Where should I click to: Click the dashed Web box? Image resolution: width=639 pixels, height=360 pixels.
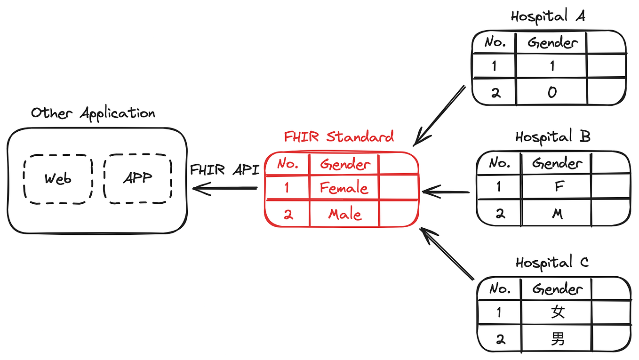[x=58, y=179]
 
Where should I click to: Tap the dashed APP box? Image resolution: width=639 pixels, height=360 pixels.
[x=137, y=179]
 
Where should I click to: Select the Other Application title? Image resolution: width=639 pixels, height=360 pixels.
[x=93, y=113]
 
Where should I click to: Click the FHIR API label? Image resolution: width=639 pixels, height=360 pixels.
[x=224, y=170]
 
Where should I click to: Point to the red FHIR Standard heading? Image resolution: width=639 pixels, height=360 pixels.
[x=339, y=137]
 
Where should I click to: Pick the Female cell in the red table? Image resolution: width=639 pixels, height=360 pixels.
[x=344, y=188]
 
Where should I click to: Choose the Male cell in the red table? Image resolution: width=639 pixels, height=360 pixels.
[x=345, y=215]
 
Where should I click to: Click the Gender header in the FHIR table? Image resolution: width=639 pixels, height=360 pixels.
[x=345, y=164]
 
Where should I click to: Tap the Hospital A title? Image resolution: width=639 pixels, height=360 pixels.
[x=548, y=16]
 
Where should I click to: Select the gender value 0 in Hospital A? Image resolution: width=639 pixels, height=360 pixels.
[x=552, y=92]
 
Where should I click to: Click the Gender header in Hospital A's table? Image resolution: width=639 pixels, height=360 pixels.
[x=552, y=43]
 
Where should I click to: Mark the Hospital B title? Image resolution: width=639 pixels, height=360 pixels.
[x=552, y=137]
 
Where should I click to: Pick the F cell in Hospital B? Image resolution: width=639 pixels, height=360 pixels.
[x=559, y=187]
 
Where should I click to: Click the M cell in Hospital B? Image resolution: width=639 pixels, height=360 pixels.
[x=558, y=214]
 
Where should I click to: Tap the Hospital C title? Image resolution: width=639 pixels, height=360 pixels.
[x=552, y=263]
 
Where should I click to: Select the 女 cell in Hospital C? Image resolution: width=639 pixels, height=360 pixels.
[x=558, y=312]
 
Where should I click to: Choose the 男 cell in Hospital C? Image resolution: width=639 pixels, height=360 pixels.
[x=558, y=339]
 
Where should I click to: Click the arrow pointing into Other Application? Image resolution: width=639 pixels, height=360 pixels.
[x=225, y=189]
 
